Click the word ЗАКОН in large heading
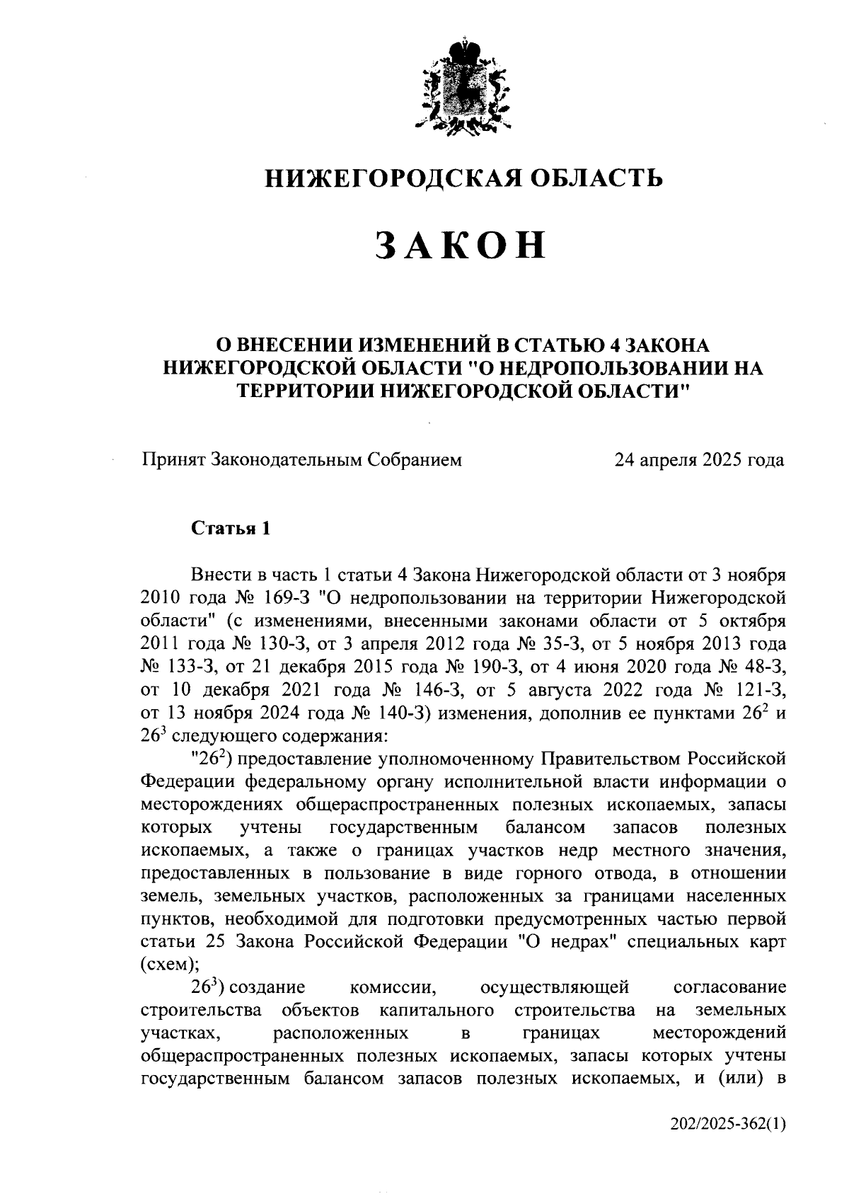[x=461, y=245]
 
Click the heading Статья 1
[x=231, y=529]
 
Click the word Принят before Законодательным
[x=173, y=460]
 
